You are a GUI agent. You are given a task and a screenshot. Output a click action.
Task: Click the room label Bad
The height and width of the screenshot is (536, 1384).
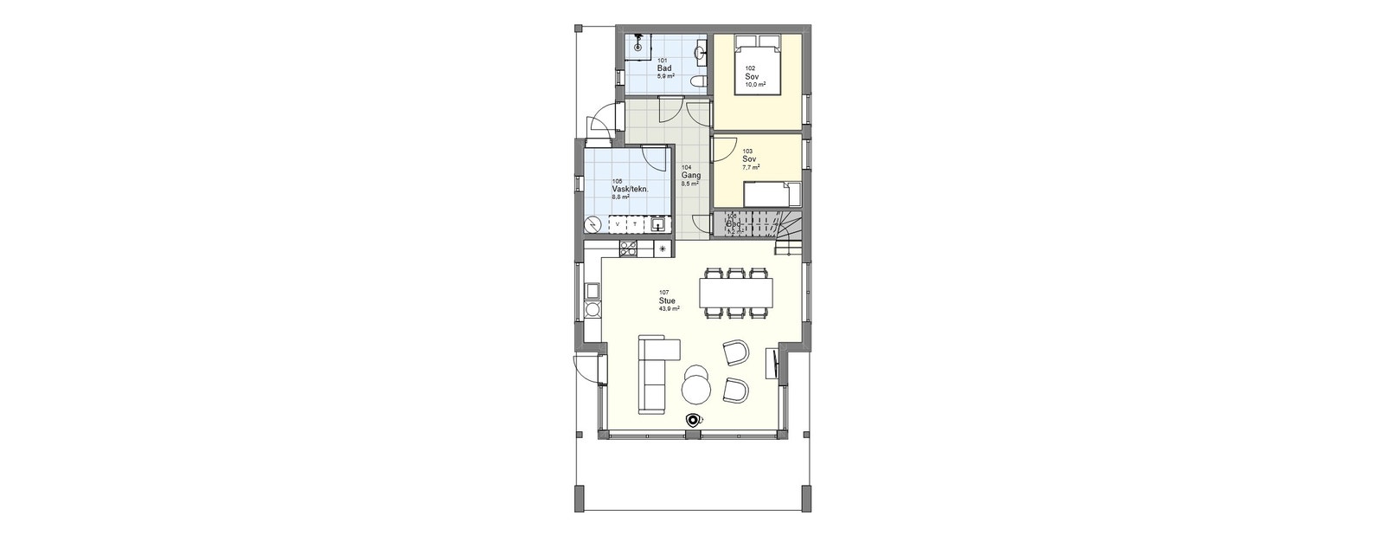click(x=664, y=68)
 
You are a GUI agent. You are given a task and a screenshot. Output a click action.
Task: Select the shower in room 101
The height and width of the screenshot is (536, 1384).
click(x=638, y=47)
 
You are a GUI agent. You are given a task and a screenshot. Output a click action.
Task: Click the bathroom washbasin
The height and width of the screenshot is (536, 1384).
click(x=701, y=54)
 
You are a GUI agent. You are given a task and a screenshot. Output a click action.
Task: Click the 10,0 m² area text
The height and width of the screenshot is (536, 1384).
click(x=755, y=84)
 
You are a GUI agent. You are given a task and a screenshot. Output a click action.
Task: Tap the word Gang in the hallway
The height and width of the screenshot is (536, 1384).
click(x=690, y=175)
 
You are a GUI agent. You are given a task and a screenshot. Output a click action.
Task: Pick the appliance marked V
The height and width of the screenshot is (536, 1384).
click(x=617, y=225)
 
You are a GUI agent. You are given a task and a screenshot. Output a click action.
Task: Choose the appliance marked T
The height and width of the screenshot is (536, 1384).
click(x=636, y=225)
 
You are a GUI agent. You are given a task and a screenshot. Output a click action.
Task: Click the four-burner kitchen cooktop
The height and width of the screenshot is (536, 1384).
click(x=628, y=249)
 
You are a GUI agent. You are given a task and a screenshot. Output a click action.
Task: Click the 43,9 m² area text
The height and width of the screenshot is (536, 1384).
click(x=669, y=308)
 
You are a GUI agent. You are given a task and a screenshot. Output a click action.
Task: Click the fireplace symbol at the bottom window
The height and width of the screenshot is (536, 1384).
click(x=692, y=420)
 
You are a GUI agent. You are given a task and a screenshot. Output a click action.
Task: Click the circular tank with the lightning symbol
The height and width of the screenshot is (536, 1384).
click(x=593, y=225)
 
